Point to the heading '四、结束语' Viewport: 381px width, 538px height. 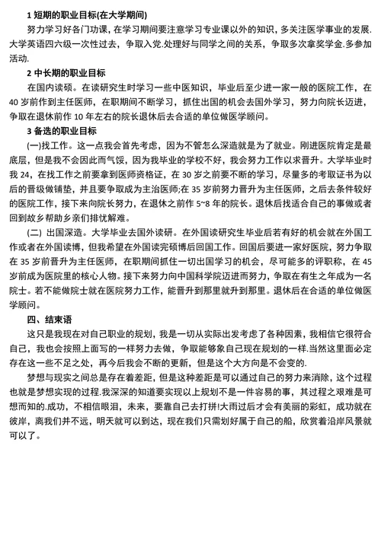46,319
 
